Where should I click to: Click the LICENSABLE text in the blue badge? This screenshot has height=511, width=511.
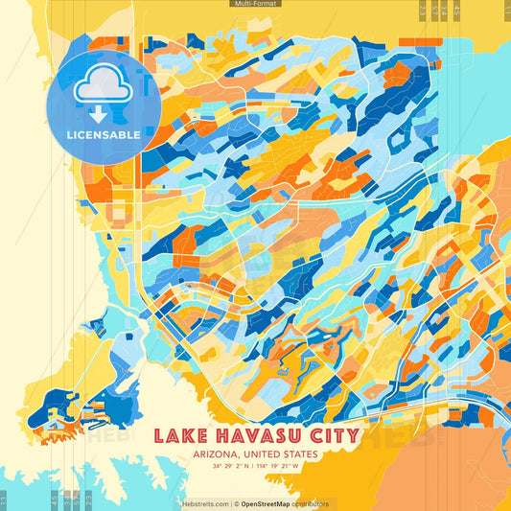click(103, 135)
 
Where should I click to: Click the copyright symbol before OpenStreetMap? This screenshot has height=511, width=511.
click(237, 503)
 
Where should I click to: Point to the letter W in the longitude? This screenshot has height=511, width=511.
click(296, 467)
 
